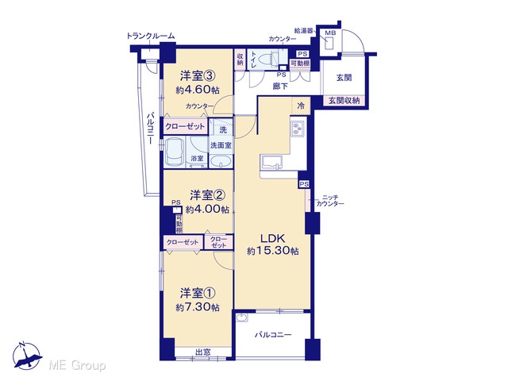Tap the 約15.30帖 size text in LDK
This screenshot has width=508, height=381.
[273, 251]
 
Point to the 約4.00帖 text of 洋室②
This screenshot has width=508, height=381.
[207, 210]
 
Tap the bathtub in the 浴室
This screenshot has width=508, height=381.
[174, 152]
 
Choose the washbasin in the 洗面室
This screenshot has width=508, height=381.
[221, 160]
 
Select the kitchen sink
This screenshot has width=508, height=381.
[271, 162]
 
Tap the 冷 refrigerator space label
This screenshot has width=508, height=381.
[301, 106]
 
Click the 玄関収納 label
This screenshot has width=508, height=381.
[344, 101]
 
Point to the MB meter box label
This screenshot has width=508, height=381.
[330, 33]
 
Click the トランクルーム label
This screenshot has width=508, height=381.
[151, 36]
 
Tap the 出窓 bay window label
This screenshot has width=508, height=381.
[203, 352]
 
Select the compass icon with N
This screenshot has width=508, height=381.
[27, 356]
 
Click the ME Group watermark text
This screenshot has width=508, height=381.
[78, 365]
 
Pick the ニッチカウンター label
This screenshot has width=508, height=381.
[330, 201]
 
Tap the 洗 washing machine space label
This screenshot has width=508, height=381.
[223, 130]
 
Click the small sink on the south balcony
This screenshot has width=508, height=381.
[241, 318]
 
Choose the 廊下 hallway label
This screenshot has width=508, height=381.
[280, 87]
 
